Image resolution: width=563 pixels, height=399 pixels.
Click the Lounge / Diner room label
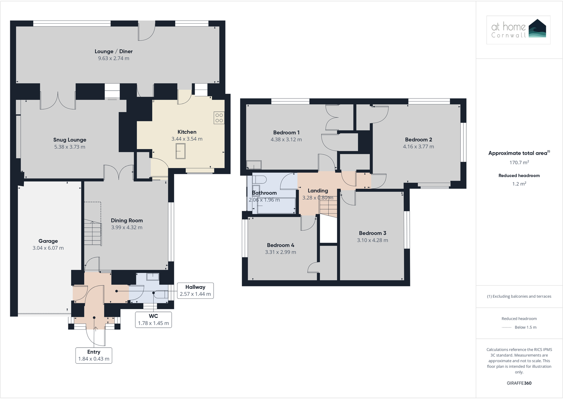[x=113, y=51]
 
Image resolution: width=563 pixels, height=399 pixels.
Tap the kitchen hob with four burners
[x=219, y=118]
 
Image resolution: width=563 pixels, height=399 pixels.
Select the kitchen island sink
[x=181, y=151]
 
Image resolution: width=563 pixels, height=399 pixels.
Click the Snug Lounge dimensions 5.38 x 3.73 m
[x=70, y=147]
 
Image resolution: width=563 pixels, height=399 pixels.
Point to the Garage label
[x=48, y=241]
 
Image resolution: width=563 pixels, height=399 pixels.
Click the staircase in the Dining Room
[x=92, y=233]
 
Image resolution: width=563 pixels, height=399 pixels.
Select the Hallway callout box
[x=195, y=291]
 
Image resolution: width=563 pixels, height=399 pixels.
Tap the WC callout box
[x=153, y=320]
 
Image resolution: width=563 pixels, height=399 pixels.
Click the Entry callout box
[x=94, y=355]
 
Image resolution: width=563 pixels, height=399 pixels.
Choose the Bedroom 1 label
[x=286, y=133]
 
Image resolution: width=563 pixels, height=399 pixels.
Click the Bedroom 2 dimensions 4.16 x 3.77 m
[x=418, y=147]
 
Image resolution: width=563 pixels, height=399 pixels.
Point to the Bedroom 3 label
[x=373, y=233]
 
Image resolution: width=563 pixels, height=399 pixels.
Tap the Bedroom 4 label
[x=280, y=245]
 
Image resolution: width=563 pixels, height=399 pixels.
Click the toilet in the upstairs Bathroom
[x=259, y=178]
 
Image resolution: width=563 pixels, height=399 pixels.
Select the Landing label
[x=318, y=191]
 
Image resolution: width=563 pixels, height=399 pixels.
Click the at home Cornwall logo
[x=518, y=30]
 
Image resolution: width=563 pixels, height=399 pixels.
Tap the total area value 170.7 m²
[x=519, y=163]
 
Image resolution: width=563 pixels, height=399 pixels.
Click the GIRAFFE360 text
[x=519, y=383]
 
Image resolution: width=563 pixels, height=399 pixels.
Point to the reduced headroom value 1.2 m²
[x=519, y=184]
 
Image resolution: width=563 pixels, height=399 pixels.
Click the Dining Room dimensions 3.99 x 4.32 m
[x=127, y=228]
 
